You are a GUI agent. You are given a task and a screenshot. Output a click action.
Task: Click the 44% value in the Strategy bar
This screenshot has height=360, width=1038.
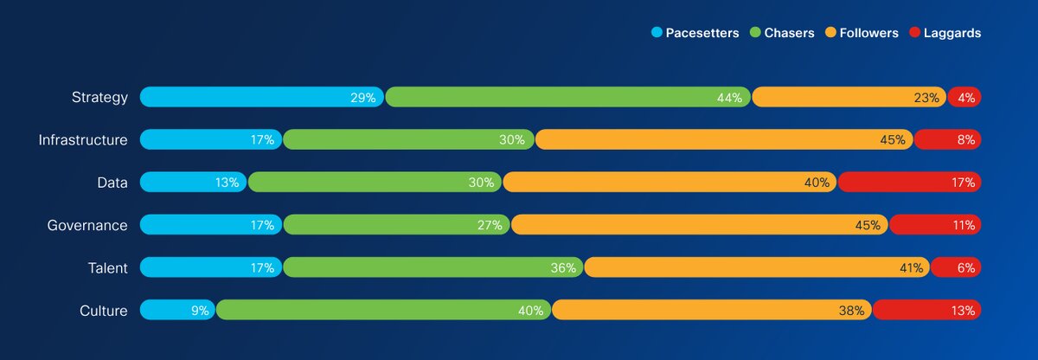729,98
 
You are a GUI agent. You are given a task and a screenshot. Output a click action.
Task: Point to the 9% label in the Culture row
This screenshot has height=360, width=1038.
200,311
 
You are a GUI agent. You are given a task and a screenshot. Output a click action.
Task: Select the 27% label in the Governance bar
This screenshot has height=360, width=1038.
490,225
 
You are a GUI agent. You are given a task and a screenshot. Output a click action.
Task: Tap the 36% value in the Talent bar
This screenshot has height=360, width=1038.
563,268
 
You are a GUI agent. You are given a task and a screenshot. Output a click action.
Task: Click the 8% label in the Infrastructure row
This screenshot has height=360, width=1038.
965,139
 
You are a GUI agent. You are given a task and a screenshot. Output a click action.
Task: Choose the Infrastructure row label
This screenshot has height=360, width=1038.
83,139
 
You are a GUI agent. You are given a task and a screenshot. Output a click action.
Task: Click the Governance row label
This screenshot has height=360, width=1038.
87,225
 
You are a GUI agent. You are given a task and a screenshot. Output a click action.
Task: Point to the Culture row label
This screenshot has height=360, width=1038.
103,311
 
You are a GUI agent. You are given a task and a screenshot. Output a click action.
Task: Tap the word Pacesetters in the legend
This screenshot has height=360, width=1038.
702,33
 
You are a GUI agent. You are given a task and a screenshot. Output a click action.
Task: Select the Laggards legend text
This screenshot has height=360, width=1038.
951,33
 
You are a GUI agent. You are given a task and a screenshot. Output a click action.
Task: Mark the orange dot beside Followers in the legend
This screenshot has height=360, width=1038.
830,33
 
